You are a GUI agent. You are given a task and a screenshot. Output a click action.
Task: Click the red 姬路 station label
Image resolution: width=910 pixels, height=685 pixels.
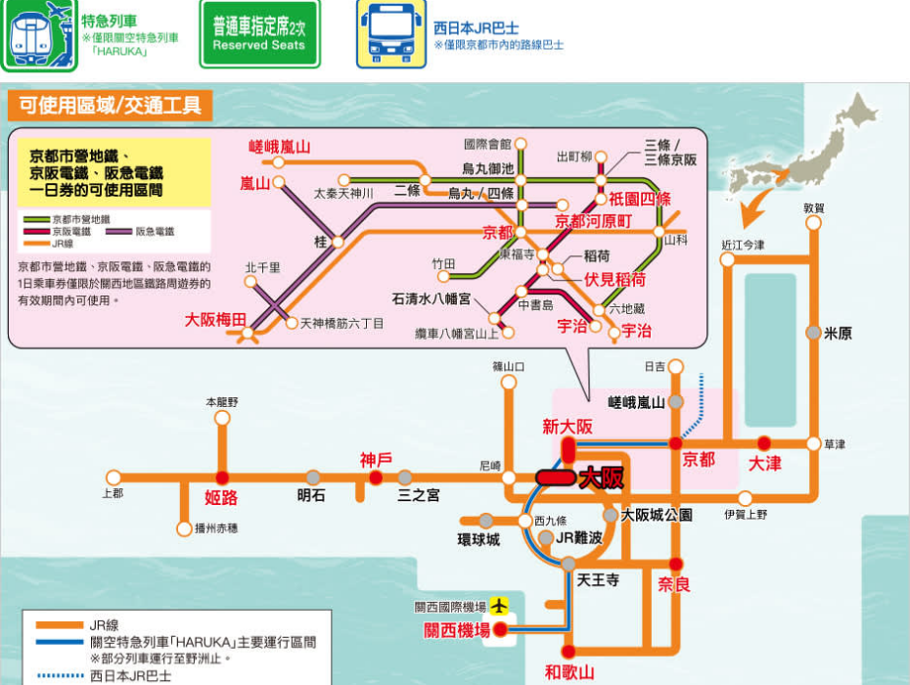221,497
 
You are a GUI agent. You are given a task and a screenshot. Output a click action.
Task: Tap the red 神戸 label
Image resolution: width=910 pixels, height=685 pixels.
375,459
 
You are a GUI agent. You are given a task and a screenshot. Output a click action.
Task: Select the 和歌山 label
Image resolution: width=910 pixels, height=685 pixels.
569,672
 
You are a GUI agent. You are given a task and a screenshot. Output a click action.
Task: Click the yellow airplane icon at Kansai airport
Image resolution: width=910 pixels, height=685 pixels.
500,608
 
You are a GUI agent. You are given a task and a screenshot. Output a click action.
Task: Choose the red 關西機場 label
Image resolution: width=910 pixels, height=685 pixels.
457,631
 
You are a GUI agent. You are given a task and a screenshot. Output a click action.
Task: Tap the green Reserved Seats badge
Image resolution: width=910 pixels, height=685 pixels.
259,33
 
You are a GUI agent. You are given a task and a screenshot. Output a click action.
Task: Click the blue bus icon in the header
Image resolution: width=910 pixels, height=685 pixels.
390,33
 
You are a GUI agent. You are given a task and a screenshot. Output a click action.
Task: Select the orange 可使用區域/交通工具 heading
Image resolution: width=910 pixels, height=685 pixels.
110,105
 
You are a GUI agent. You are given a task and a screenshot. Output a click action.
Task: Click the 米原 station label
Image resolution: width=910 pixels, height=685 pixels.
838,333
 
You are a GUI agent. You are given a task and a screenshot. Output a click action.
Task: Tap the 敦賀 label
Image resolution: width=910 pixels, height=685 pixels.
814,207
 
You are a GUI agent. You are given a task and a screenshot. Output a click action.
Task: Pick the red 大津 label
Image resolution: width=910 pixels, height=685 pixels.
764,463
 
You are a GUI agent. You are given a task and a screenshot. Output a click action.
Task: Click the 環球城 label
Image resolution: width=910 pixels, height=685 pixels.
478,539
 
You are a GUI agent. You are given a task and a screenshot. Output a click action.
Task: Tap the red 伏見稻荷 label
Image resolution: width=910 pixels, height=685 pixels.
614,279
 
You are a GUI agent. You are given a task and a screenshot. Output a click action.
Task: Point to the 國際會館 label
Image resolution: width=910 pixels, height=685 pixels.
487,144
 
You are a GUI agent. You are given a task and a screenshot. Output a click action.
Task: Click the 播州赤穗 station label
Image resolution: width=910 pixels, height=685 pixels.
215,528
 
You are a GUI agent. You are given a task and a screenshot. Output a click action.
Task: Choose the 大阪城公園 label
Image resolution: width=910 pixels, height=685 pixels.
657,515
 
